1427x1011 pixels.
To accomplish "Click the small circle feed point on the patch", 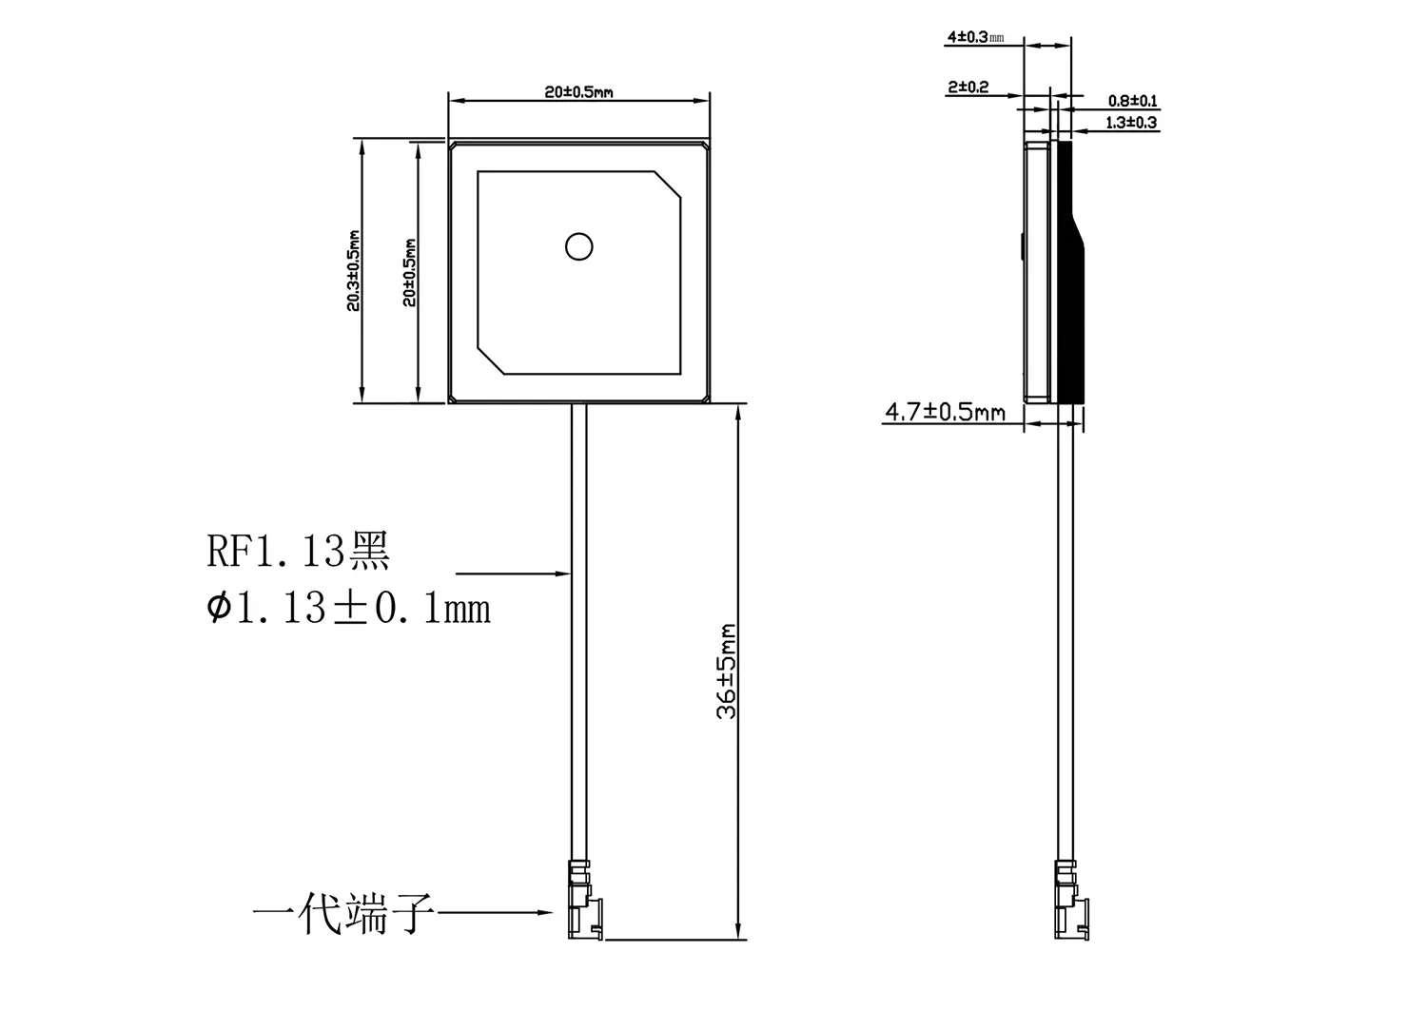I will (x=578, y=247).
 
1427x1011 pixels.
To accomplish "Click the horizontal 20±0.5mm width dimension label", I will (x=578, y=92).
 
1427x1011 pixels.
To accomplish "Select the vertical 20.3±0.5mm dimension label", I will (x=353, y=270).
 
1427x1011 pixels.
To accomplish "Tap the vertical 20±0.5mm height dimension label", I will (x=409, y=271).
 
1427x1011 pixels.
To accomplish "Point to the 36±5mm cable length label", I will (x=727, y=671).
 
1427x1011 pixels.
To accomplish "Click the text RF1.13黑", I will (x=299, y=552).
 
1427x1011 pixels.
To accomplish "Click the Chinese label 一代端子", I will (x=343, y=915).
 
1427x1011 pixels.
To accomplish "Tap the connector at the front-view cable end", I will (x=581, y=900).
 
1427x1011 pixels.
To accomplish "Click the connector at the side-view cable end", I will (x=1069, y=900).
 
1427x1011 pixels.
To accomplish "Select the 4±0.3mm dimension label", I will (x=975, y=38).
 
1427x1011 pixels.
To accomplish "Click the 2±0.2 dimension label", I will (x=968, y=87).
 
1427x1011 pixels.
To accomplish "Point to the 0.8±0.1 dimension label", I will (x=1132, y=101).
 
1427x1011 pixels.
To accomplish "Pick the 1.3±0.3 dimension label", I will (x=1132, y=123).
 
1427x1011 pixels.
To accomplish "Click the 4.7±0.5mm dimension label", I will (x=945, y=412).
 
